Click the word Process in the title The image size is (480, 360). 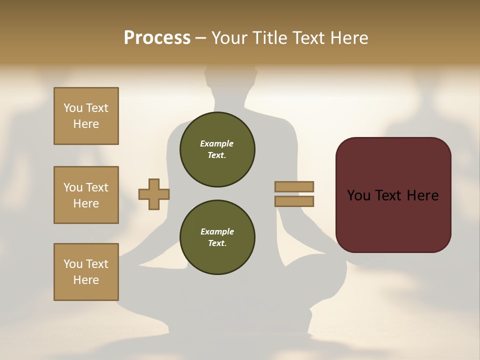157,37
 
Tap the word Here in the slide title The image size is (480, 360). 348,37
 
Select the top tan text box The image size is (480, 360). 86,116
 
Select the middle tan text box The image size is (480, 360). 86,195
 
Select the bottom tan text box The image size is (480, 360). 86,272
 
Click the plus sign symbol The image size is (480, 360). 153,194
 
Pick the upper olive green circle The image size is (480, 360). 217,149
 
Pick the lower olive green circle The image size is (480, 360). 217,237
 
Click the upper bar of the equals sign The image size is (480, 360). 294,187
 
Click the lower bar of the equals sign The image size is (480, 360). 294,201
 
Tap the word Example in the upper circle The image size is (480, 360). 217,143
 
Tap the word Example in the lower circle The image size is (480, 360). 217,231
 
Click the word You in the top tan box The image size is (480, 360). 73,108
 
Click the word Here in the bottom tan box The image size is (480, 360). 86,280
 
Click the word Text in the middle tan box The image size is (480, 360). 96,187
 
